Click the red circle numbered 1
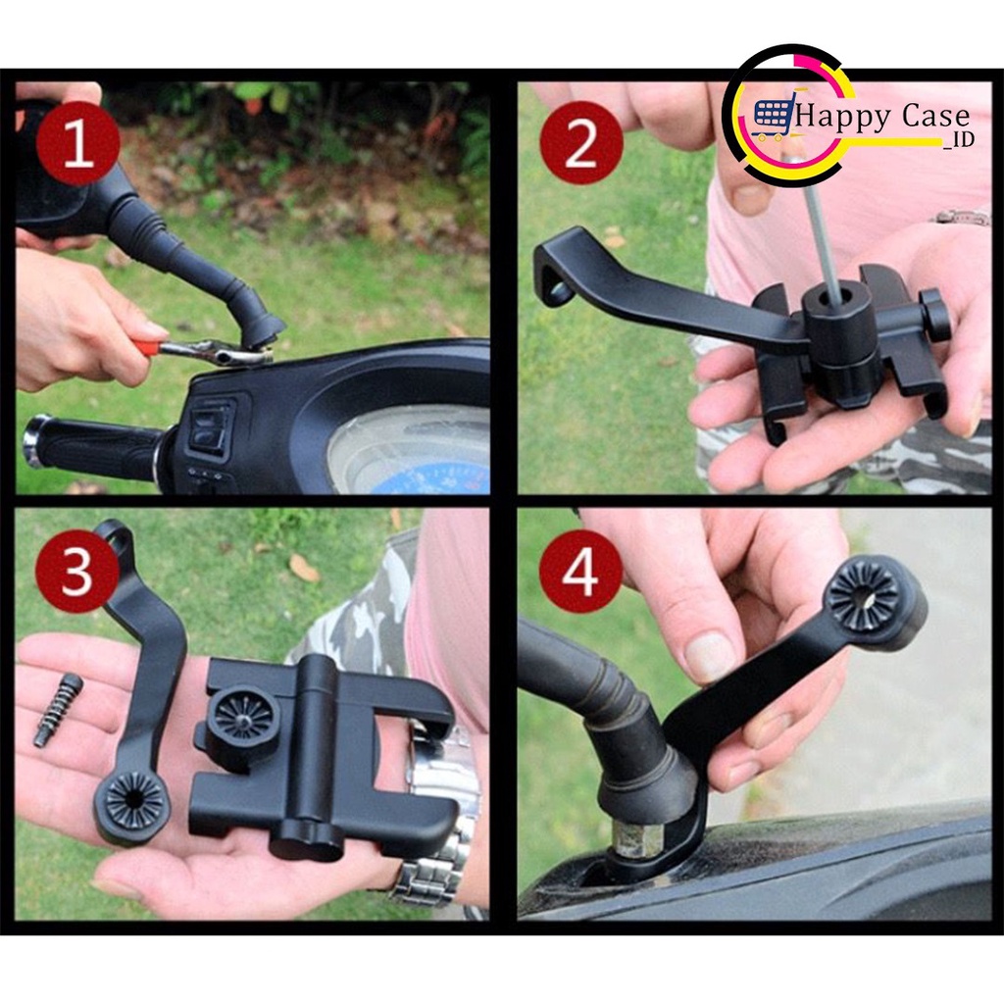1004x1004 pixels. pos(77,143)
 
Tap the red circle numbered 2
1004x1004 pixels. pos(580,143)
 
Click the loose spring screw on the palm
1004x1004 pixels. pos(58,709)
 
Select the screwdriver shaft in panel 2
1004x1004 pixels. pos(822,235)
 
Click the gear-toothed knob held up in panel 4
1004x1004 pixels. pos(862,595)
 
